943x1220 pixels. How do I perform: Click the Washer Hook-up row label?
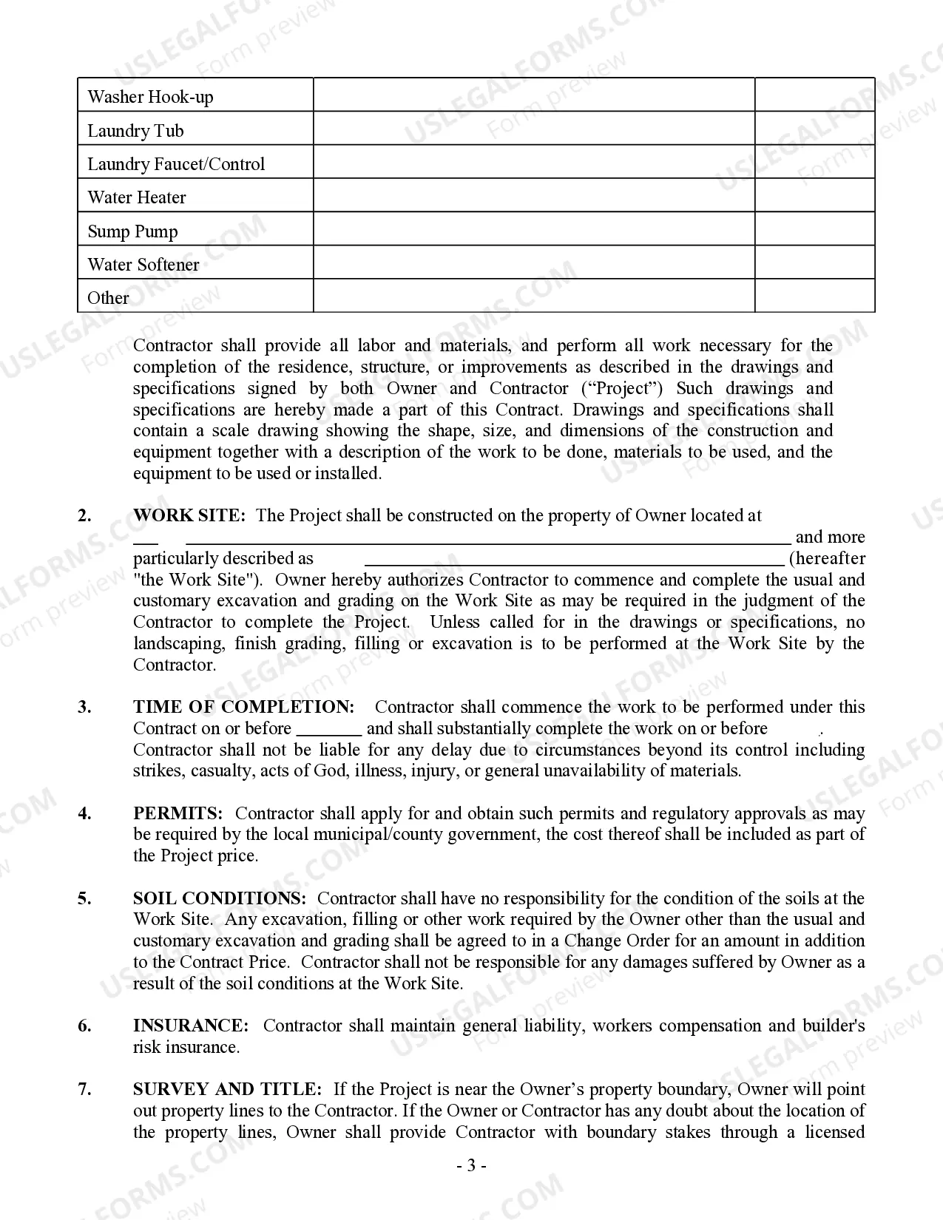tap(150, 97)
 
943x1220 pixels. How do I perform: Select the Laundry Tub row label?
tap(135, 131)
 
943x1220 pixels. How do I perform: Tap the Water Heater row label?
tap(137, 197)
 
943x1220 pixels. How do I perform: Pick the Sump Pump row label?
tap(132, 231)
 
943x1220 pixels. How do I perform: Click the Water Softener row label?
tap(143, 265)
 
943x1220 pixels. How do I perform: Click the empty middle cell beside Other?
tap(533, 296)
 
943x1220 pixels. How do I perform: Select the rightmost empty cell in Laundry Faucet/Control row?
tap(814, 162)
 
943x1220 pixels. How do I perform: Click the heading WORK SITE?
tap(189, 515)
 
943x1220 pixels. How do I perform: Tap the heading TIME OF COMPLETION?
tap(244, 707)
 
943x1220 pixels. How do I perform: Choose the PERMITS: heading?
tap(178, 813)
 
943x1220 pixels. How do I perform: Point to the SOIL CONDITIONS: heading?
tap(220, 898)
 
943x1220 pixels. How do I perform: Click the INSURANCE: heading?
tap(191, 1026)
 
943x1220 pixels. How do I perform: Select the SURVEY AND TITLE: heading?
tap(227, 1089)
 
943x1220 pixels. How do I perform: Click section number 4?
tap(85, 813)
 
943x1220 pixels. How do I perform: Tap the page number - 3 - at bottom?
tap(471, 1166)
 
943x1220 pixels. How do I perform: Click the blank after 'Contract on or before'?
tap(328, 729)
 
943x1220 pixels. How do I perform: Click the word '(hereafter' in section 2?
tap(827, 558)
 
